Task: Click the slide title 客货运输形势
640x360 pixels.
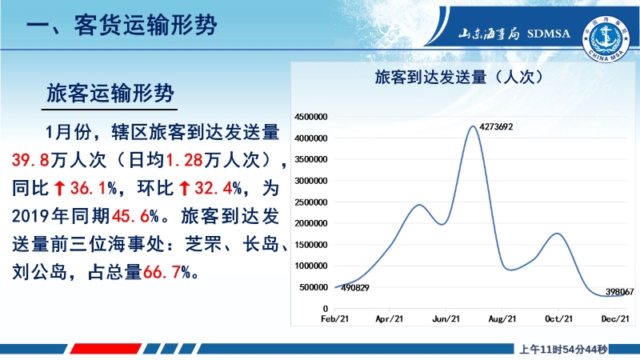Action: click(x=146, y=25)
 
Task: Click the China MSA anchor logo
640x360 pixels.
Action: click(x=606, y=39)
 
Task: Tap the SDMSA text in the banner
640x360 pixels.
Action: click(x=548, y=34)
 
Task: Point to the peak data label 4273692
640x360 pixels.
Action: click(x=496, y=127)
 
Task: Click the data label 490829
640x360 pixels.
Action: click(x=354, y=288)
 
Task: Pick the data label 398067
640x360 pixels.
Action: click(x=619, y=291)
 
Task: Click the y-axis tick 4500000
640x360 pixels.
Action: click(x=310, y=117)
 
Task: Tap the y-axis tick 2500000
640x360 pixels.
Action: click(x=310, y=202)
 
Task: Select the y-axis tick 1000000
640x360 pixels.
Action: click(x=310, y=266)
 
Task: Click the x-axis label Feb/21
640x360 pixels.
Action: click(x=334, y=318)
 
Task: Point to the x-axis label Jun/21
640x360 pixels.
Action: click(x=446, y=318)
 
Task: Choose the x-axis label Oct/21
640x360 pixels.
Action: click(x=558, y=318)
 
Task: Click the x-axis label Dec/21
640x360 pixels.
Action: click(x=615, y=318)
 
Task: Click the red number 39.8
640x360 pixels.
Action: click(x=30, y=160)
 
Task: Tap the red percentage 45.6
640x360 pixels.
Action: click(x=130, y=216)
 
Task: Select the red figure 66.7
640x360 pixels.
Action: click(x=162, y=272)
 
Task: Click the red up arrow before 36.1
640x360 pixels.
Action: click(x=59, y=188)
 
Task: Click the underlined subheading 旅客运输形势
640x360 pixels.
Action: click(x=110, y=93)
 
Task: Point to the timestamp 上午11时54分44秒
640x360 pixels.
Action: click(x=563, y=350)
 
